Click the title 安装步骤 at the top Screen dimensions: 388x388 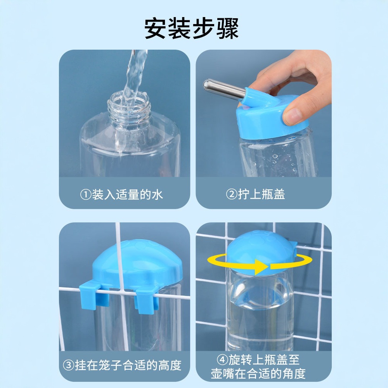tap(192, 28)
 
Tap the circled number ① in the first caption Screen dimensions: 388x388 tap(86, 195)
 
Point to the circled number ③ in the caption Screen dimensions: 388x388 tap(69, 365)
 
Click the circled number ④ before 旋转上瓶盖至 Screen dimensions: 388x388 tap(222, 360)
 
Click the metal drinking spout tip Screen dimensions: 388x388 tap(206, 84)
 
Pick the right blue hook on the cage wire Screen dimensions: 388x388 tap(147, 301)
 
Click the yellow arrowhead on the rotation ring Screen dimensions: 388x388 tap(262, 267)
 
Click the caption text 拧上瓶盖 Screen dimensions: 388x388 tap(262, 194)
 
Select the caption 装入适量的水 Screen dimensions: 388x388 tap(127, 195)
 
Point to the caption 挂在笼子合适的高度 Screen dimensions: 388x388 tap(128, 365)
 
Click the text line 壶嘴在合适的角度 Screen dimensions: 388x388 tap(258, 374)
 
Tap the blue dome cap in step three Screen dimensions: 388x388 tap(138, 264)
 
